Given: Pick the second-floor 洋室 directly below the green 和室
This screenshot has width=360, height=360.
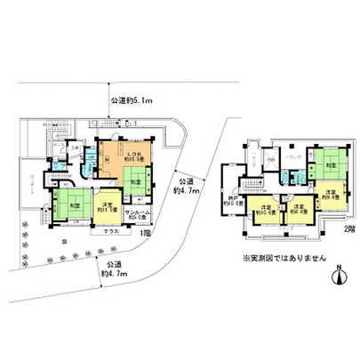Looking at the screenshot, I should [329, 198].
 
